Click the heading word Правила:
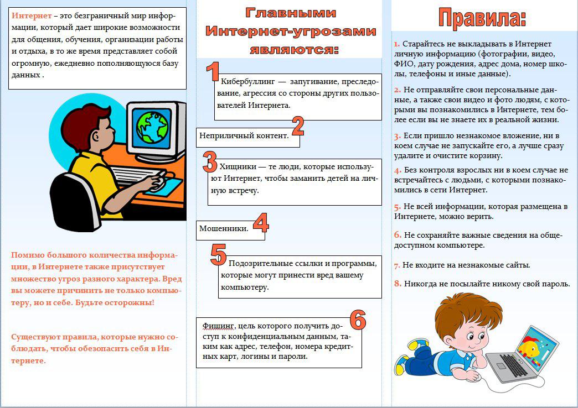482,18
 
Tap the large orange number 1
212,73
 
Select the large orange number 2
298,127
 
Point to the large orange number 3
210,163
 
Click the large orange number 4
260,223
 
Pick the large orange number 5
219,254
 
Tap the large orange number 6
358,320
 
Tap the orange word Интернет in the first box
28,15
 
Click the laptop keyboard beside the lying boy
512,365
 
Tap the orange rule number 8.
398,284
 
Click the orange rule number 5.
398,207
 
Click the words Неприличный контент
244,135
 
